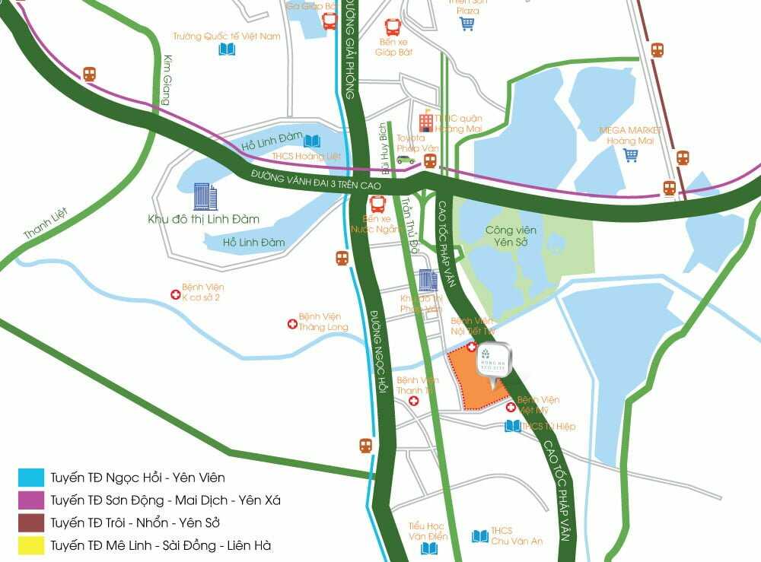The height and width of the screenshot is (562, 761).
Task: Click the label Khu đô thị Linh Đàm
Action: (x=203, y=219)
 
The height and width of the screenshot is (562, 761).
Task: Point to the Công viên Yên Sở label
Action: (x=511, y=236)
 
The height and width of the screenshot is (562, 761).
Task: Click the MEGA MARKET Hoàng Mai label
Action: (x=630, y=135)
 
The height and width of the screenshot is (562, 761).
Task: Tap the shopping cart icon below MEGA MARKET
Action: (x=631, y=155)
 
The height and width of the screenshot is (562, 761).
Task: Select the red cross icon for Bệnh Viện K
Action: (x=176, y=293)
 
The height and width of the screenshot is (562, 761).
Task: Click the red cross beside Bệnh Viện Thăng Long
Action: (x=291, y=324)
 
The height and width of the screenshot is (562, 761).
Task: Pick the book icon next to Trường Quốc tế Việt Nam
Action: (x=227, y=49)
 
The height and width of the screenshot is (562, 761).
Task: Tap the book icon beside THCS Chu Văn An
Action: (x=479, y=536)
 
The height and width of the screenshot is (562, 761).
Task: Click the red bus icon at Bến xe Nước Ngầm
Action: (x=378, y=204)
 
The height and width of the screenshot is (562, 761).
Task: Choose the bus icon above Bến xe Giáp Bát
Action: (x=393, y=27)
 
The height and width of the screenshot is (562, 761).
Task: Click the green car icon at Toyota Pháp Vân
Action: (x=405, y=160)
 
